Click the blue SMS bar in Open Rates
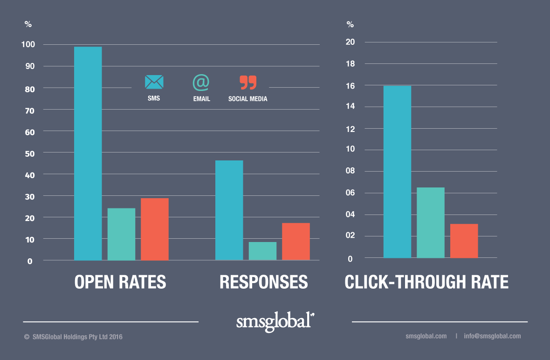pyautogui.click(x=88, y=153)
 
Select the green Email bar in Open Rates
pyautogui.click(x=121, y=234)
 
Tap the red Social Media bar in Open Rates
pyautogui.click(x=155, y=229)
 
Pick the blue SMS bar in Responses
pyautogui.click(x=229, y=210)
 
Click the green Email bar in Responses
pyautogui.click(x=262, y=251)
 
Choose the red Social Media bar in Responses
pyautogui.click(x=296, y=242)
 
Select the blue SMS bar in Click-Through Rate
pyautogui.click(x=397, y=172)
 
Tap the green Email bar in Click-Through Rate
pyautogui.click(x=431, y=222)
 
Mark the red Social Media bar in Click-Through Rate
pyautogui.click(x=464, y=241)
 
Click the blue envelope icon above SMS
pyautogui.click(x=154, y=82)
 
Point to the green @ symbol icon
pyautogui.click(x=201, y=82)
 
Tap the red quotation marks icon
pyautogui.click(x=248, y=82)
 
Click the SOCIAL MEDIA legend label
pyautogui.click(x=248, y=99)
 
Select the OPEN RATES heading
pyautogui.click(x=120, y=282)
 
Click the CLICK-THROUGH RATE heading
pyautogui.click(x=426, y=282)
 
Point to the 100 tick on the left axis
pyautogui.click(x=27, y=45)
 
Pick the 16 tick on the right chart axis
pyautogui.click(x=351, y=85)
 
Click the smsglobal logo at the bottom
pyautogui.click(x=275, y=322)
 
